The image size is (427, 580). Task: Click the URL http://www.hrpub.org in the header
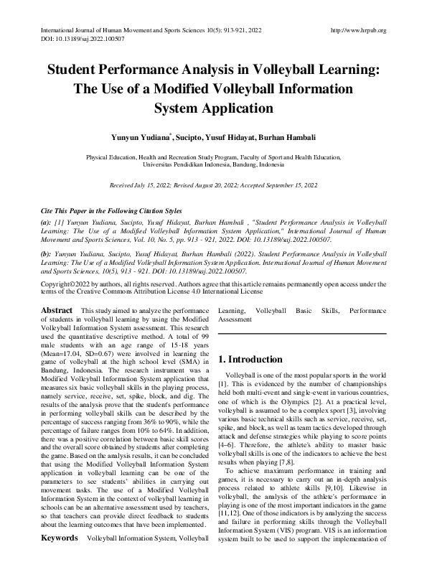click(357, 30)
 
